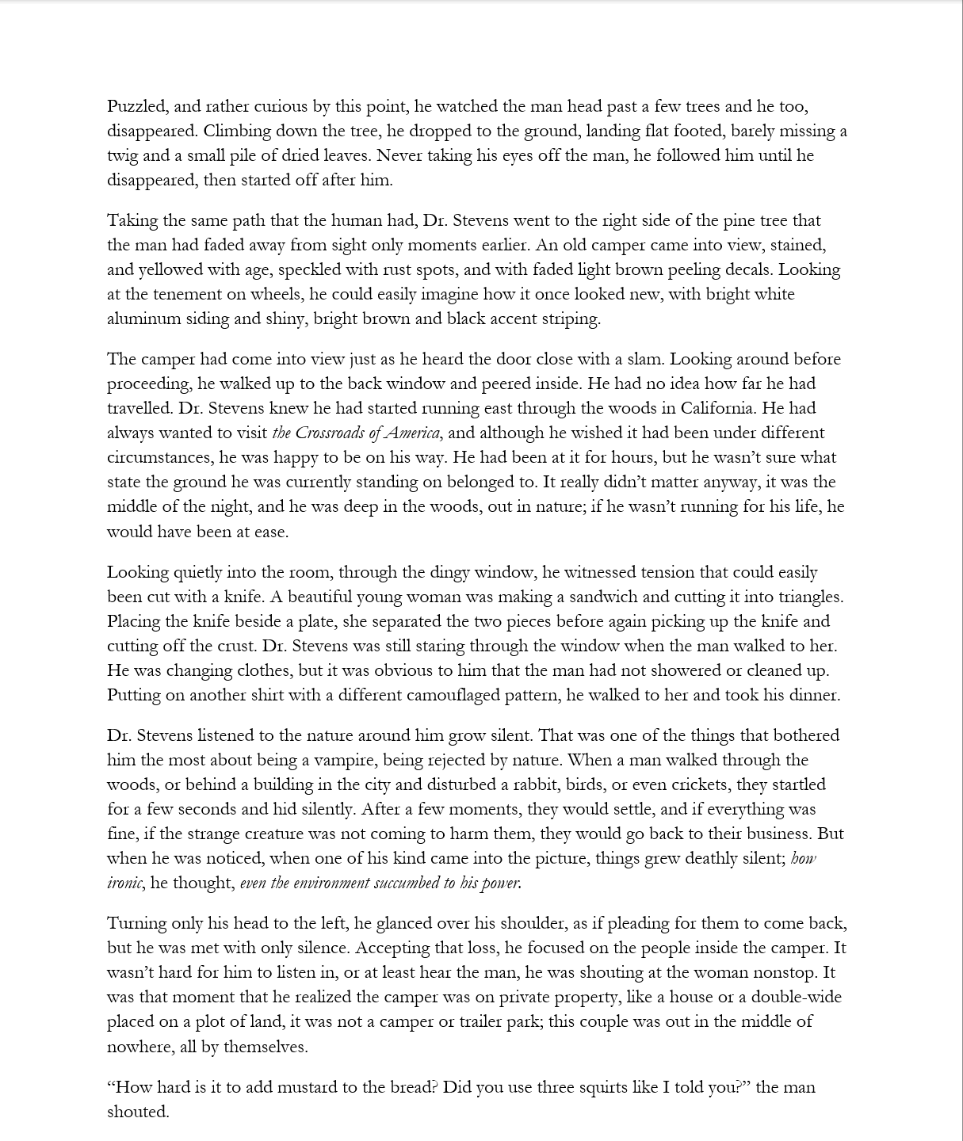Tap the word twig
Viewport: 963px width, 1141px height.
coord(122,156)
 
